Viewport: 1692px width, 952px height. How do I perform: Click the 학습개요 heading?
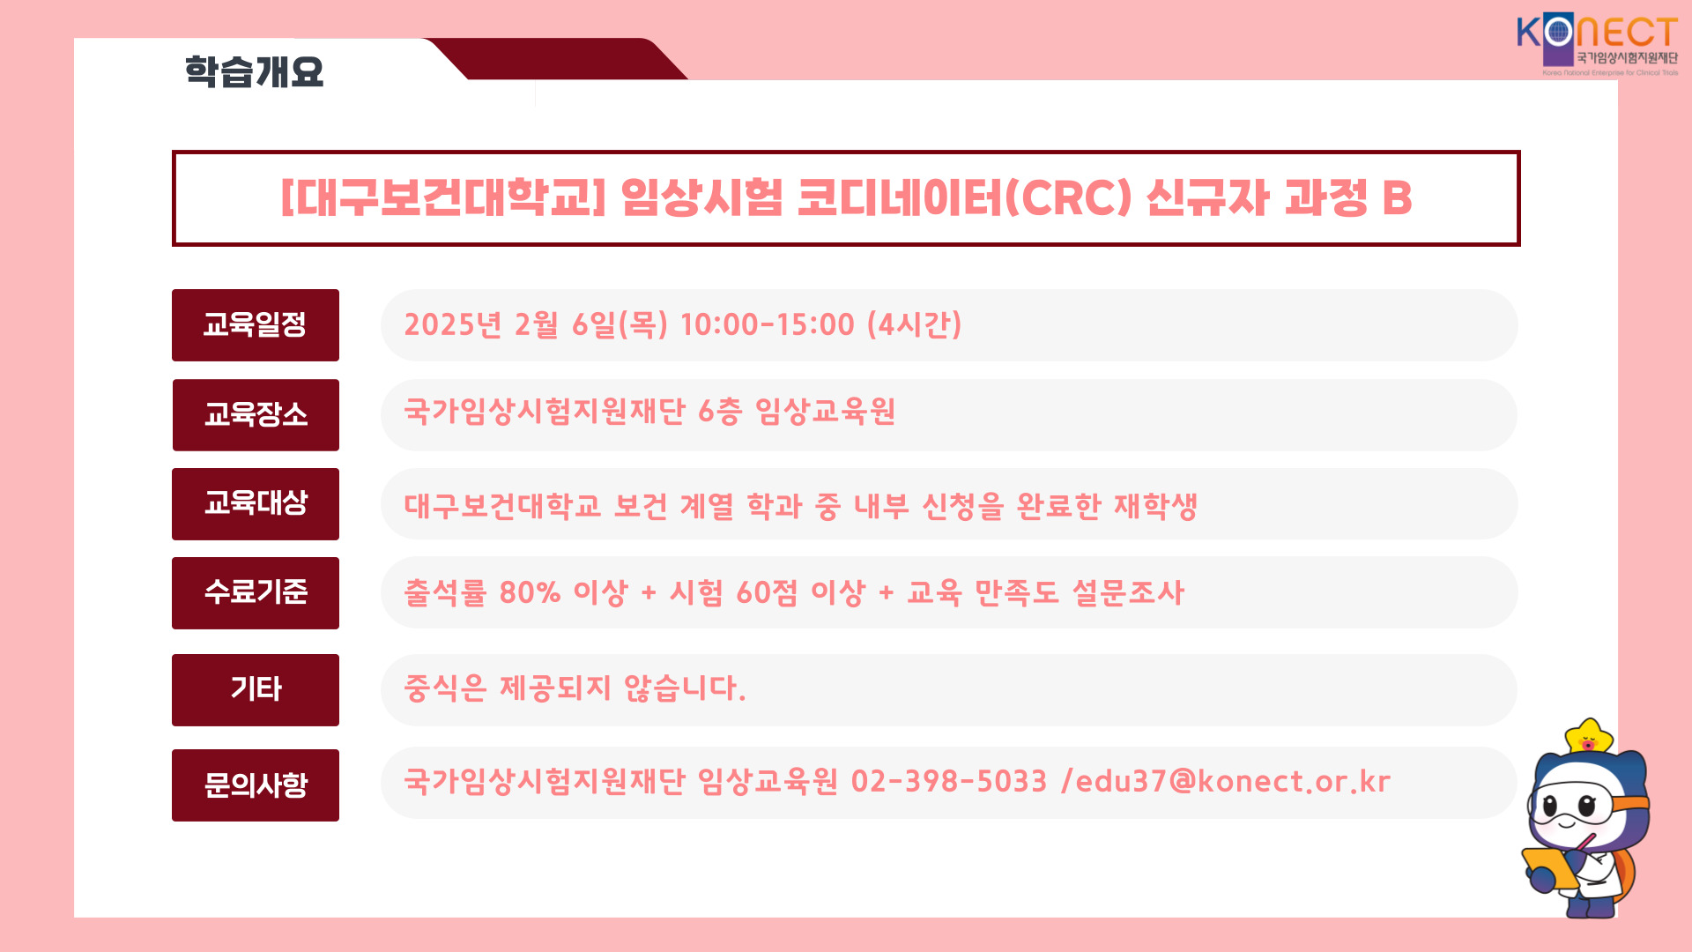click(x=254, y=71)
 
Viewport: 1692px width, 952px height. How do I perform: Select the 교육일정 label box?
click(x=256, y=325)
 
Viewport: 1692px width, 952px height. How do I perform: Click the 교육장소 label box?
click(x=256, y=415)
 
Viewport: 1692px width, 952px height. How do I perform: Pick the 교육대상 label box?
click(x=256, y=504)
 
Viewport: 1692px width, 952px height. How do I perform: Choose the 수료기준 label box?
click(x=256, y=593)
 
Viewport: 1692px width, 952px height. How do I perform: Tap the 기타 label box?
click(x=256, y=690)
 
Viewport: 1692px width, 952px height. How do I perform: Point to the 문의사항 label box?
click(x=256, y=785)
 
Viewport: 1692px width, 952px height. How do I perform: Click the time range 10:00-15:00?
click(x=768, y=324)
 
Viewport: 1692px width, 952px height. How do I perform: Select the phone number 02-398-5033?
click(x=949, y=781)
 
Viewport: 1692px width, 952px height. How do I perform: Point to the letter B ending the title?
click(x=1397, y=197)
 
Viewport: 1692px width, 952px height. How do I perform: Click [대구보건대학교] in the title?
click(x=443, y=197)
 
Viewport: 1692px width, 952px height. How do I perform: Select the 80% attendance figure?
click(x=530, y=592)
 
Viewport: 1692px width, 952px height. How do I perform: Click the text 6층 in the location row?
click(x=720, y=412)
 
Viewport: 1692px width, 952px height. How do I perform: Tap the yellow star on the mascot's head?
click(x=1588, y=737)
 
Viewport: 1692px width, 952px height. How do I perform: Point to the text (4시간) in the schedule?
click(x=915, y=324)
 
